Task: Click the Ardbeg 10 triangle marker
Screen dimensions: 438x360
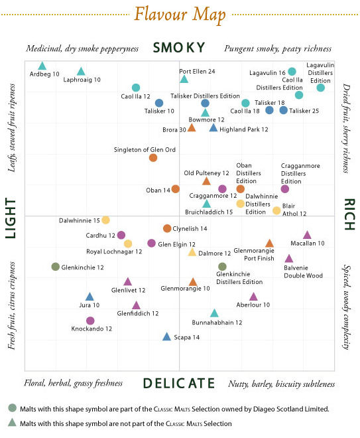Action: tap(42, 66)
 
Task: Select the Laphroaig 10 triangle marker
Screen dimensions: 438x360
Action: tap(81, 72)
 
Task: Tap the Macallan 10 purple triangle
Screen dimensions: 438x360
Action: tap(307, 235)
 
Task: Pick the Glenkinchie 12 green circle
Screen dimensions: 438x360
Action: tap(56, 267)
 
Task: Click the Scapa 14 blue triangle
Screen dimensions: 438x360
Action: tap(166, 336)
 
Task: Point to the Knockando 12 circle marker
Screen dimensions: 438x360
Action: tap(90, 321)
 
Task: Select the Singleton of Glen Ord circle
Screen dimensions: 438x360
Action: tap(153, 157)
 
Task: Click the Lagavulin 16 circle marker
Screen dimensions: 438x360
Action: tap(292, 72)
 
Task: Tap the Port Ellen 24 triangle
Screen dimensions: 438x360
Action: tap(184, 80)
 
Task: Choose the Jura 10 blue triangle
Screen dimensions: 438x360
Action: tap(90, 297)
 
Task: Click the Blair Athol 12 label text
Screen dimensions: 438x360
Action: tap(291, 210)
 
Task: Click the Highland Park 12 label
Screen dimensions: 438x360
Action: tap(243, 129)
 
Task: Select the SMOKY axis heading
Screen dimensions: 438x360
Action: tap(179, 48)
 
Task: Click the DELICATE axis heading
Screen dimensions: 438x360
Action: tap(179, 383)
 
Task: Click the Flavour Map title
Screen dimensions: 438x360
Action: tap(180, 13)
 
